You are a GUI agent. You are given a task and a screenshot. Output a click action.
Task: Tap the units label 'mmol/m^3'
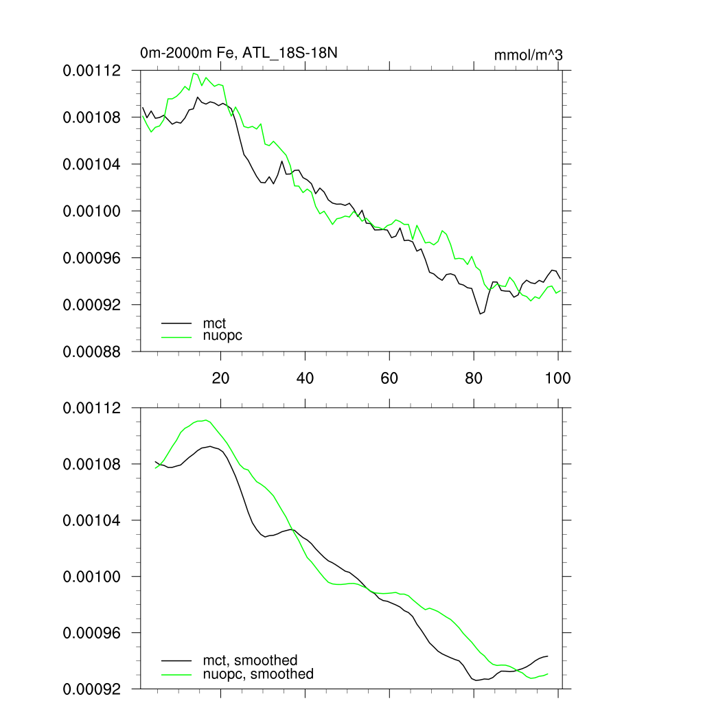[x=528, y=55]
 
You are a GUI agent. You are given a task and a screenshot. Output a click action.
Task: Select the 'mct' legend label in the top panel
[x=214, y=322]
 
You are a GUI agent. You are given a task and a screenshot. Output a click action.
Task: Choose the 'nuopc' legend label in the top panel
[x=222, y=336]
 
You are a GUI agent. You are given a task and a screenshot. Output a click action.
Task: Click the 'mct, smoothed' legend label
[x=250, y=660]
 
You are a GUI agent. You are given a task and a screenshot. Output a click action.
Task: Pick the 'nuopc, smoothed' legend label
[x=258, y=674]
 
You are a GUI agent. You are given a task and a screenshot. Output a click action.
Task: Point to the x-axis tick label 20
[x=220, y=378]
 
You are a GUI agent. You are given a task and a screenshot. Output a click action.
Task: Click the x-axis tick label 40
[x=305, y=378]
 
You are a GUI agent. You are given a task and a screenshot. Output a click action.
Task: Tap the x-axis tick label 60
[x=389, y=378]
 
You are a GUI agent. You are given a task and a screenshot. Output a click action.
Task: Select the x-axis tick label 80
[x=474, y=378]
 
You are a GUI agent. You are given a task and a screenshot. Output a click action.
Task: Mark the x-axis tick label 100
[x=557, y=378]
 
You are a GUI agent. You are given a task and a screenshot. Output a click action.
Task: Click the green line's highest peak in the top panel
[x=194, y=73]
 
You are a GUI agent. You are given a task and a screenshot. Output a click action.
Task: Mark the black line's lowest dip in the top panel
[x=481, y=314]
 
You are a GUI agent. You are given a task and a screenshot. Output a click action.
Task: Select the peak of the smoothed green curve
[x=205, y=420]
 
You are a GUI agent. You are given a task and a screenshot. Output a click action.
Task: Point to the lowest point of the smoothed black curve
[x=476, y=680]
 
